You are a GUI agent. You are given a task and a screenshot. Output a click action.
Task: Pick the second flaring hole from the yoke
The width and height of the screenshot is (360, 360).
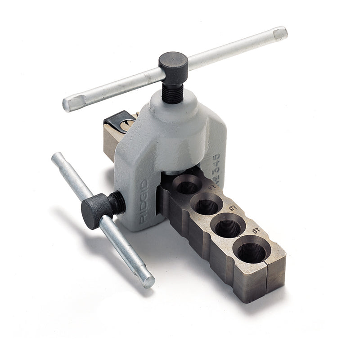coord(207,205)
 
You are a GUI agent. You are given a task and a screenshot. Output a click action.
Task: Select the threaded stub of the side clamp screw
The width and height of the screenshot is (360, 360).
coord(118,202)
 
